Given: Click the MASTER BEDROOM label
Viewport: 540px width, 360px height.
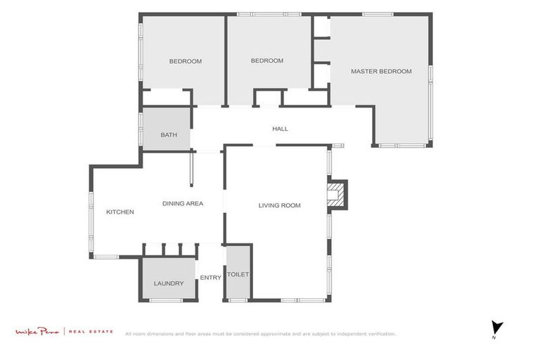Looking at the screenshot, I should point(381,71).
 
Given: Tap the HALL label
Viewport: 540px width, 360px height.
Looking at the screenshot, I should point(280,129).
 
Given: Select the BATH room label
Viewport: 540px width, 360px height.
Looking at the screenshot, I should point(168,135).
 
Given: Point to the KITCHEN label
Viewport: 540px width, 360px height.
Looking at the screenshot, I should point(120,212).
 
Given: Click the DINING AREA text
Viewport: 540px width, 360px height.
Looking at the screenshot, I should point(182,203).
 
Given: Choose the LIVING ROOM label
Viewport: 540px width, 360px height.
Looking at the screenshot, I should point(279,205).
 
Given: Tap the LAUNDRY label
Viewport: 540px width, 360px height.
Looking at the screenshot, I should point(168,283).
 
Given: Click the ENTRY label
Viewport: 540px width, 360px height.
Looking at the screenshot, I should point(210,277).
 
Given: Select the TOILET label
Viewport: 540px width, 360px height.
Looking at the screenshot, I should point(238,274).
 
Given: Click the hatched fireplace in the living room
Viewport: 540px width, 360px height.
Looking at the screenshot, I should point(337,195).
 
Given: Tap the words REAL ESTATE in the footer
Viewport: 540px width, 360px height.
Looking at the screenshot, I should point(91,331).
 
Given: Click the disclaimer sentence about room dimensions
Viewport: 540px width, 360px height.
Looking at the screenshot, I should point(260,334).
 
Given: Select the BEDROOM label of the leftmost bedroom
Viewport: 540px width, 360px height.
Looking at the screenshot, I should point(185,61).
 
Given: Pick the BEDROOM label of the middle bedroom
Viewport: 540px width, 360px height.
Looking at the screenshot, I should point(266,60).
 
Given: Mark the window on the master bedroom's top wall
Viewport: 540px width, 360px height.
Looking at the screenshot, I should point(378,14).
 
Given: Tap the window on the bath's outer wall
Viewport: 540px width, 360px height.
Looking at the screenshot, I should point(141,129).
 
